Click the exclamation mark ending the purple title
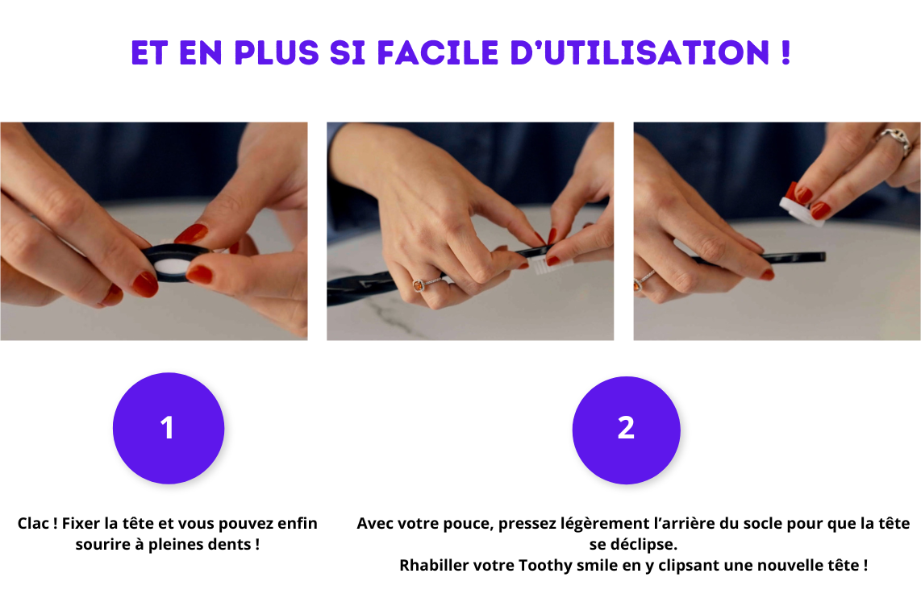tap(785, 53)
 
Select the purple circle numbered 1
tap(168, 428)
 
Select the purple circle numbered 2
tap(626, 428)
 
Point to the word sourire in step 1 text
tap(101, 544)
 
